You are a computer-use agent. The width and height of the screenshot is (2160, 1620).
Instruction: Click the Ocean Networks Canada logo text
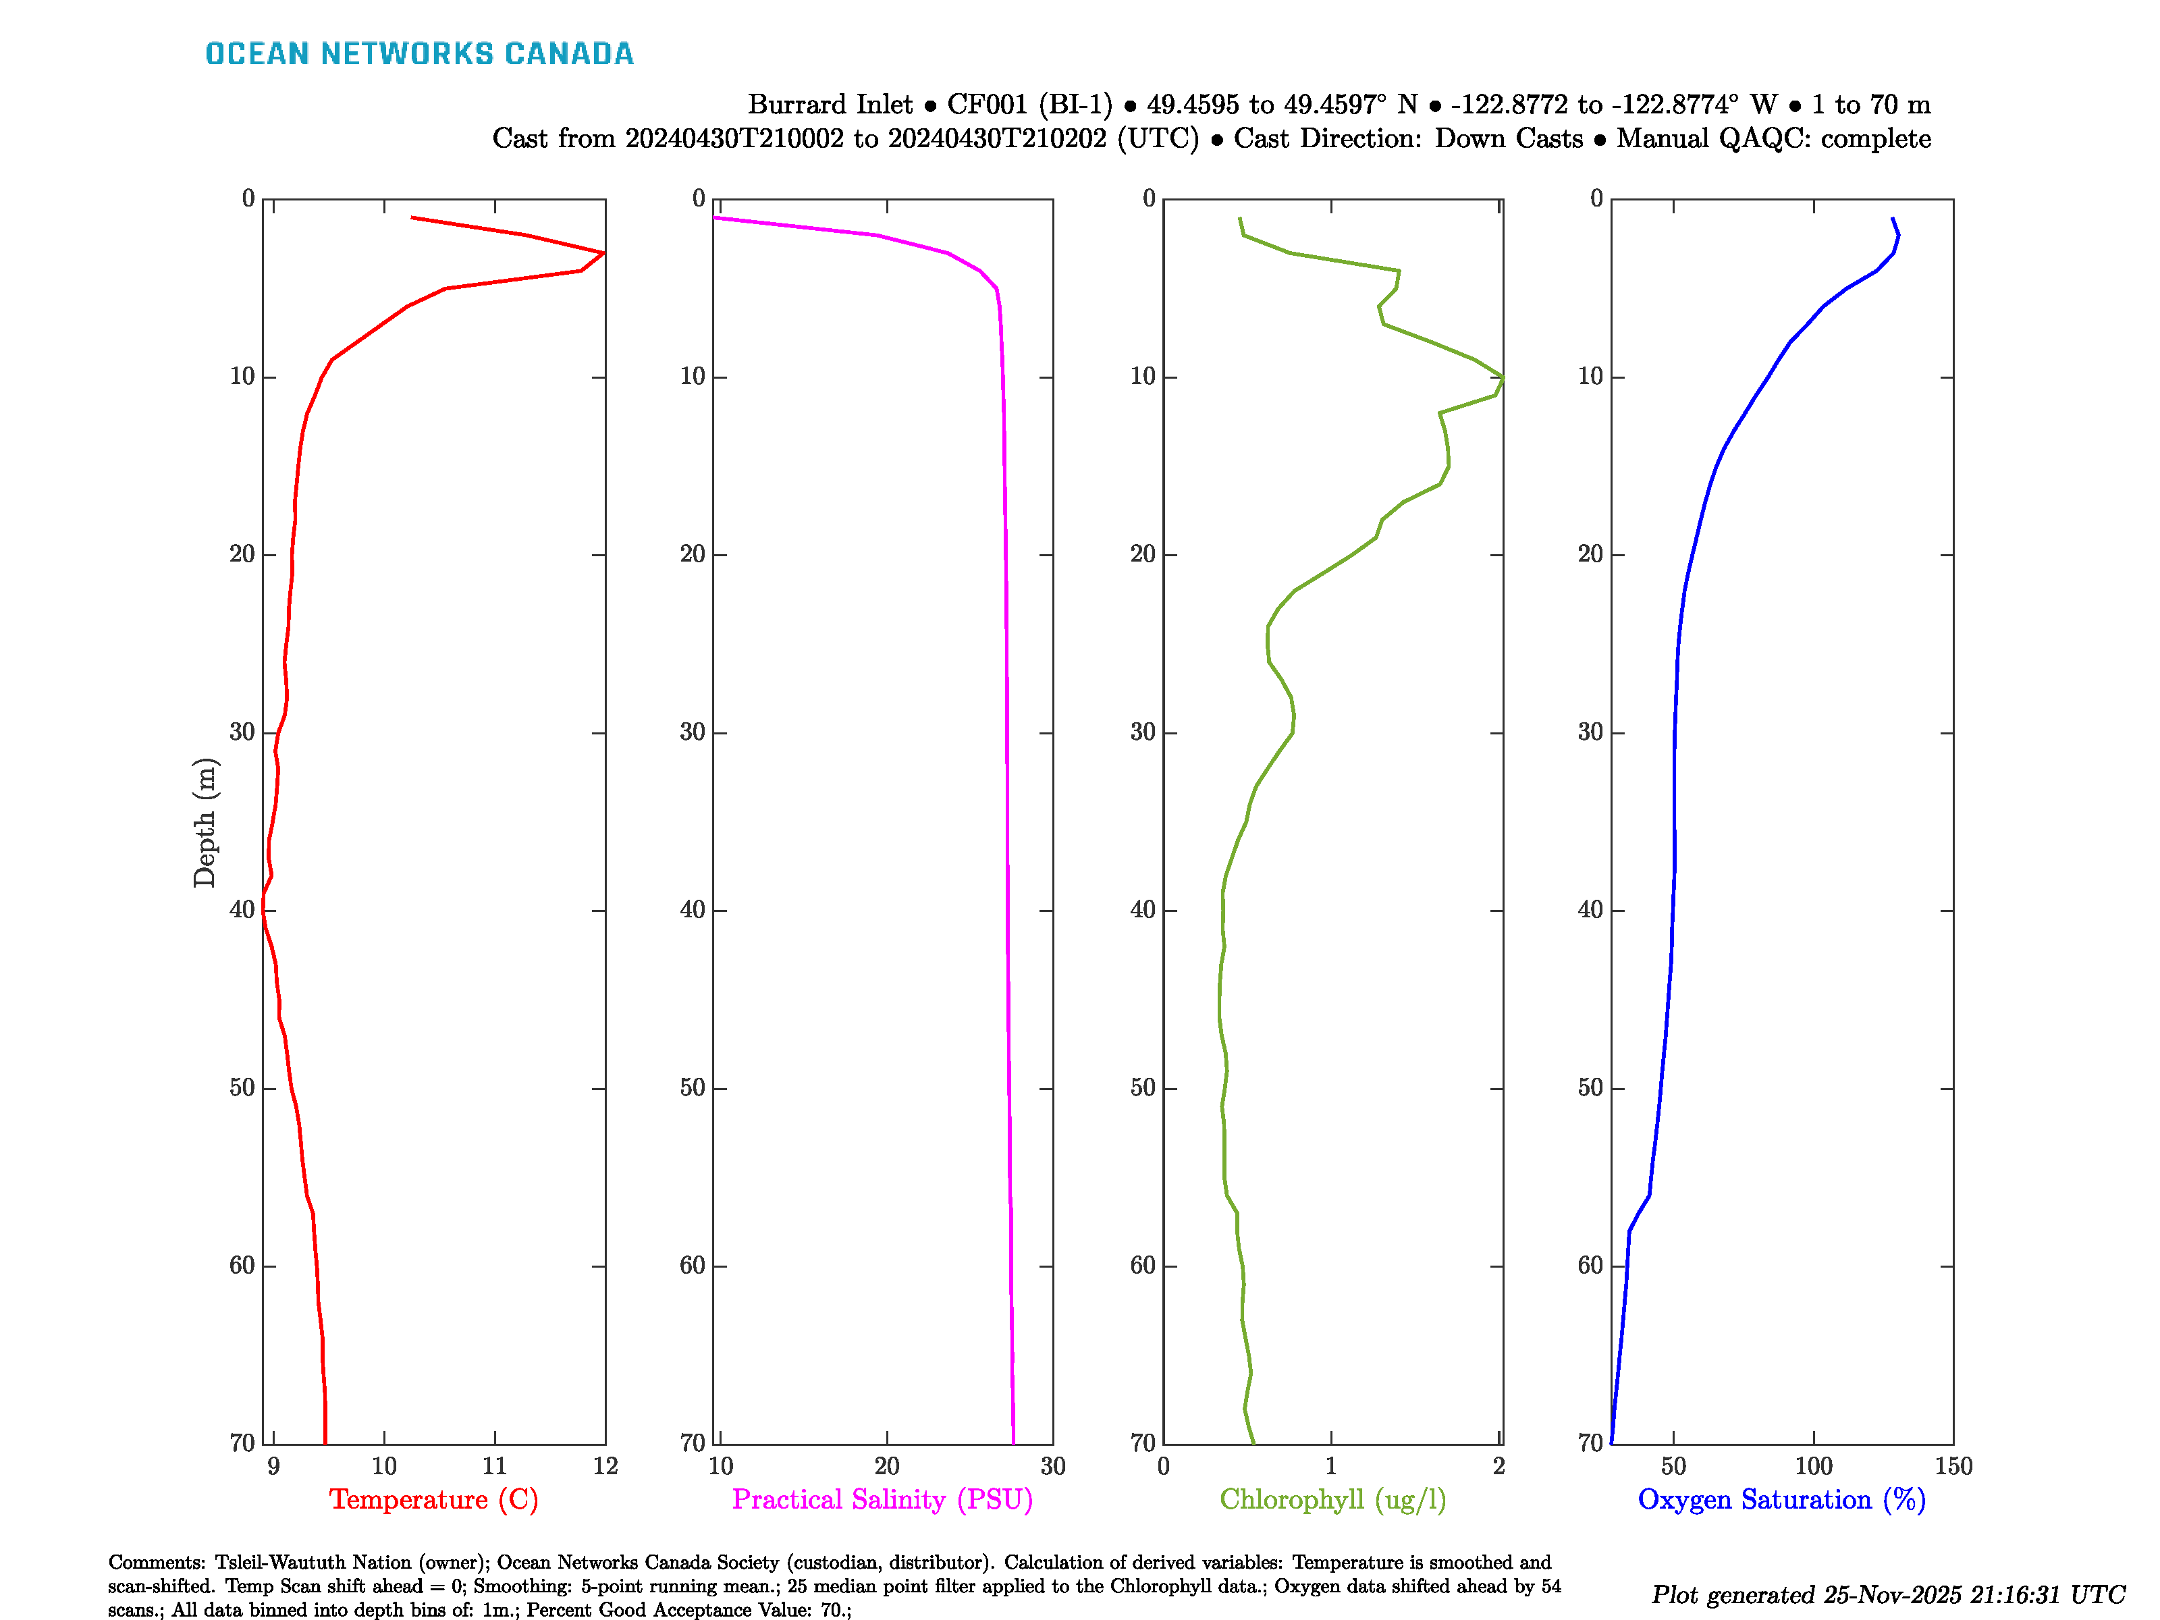coord(419,54)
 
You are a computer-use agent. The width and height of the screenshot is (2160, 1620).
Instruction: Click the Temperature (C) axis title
coord(433,1499)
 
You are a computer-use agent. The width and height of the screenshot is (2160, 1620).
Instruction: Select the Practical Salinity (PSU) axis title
coord(882,1499)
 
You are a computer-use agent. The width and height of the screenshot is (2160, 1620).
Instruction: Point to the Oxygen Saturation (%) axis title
coord(1781,1499)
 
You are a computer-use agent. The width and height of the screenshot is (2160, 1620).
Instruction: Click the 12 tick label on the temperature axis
coord(605,1465)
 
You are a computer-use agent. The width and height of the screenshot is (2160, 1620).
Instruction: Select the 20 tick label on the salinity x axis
coord(887,1465)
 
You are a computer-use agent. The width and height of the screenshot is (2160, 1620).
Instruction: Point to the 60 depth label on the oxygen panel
coord(1591,1266)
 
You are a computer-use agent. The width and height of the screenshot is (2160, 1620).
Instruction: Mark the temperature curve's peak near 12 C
coord(603,253)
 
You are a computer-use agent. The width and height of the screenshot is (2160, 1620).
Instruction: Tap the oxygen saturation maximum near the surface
coord(1897,236)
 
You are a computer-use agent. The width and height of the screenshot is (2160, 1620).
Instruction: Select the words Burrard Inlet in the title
coord(830,105)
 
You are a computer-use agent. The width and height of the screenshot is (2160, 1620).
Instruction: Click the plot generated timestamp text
coord(1887,1594)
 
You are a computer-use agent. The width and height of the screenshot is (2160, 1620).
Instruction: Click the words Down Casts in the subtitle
coord(1508,138)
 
